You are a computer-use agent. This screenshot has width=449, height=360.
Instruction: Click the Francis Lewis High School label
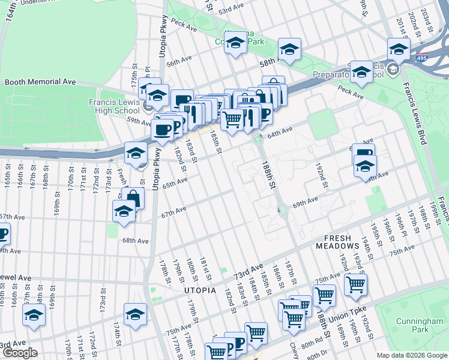[114, 106]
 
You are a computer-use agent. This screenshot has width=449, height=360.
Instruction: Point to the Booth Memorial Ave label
[40, 82]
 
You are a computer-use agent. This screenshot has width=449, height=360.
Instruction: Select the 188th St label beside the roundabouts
[268, 173]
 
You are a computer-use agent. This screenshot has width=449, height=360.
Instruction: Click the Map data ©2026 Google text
[411, 355]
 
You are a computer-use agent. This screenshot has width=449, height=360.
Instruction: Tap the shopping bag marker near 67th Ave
[133, 198]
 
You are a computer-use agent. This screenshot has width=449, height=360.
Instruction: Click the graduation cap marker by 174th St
[135, 314]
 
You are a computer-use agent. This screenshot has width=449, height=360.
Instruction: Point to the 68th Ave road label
[135, 241]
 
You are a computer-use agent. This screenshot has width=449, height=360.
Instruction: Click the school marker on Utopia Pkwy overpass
[136, 153]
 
